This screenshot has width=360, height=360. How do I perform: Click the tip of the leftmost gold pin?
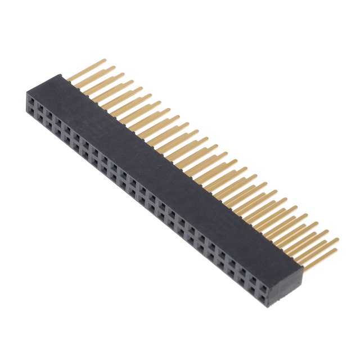click(105, 60)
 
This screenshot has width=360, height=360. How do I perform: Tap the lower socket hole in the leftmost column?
click(32, 114)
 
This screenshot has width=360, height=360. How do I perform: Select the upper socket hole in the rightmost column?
click(262, 280)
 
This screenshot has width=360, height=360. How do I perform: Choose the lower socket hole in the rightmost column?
click(262, 291)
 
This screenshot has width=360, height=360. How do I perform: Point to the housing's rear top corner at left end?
click(58, 74)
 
